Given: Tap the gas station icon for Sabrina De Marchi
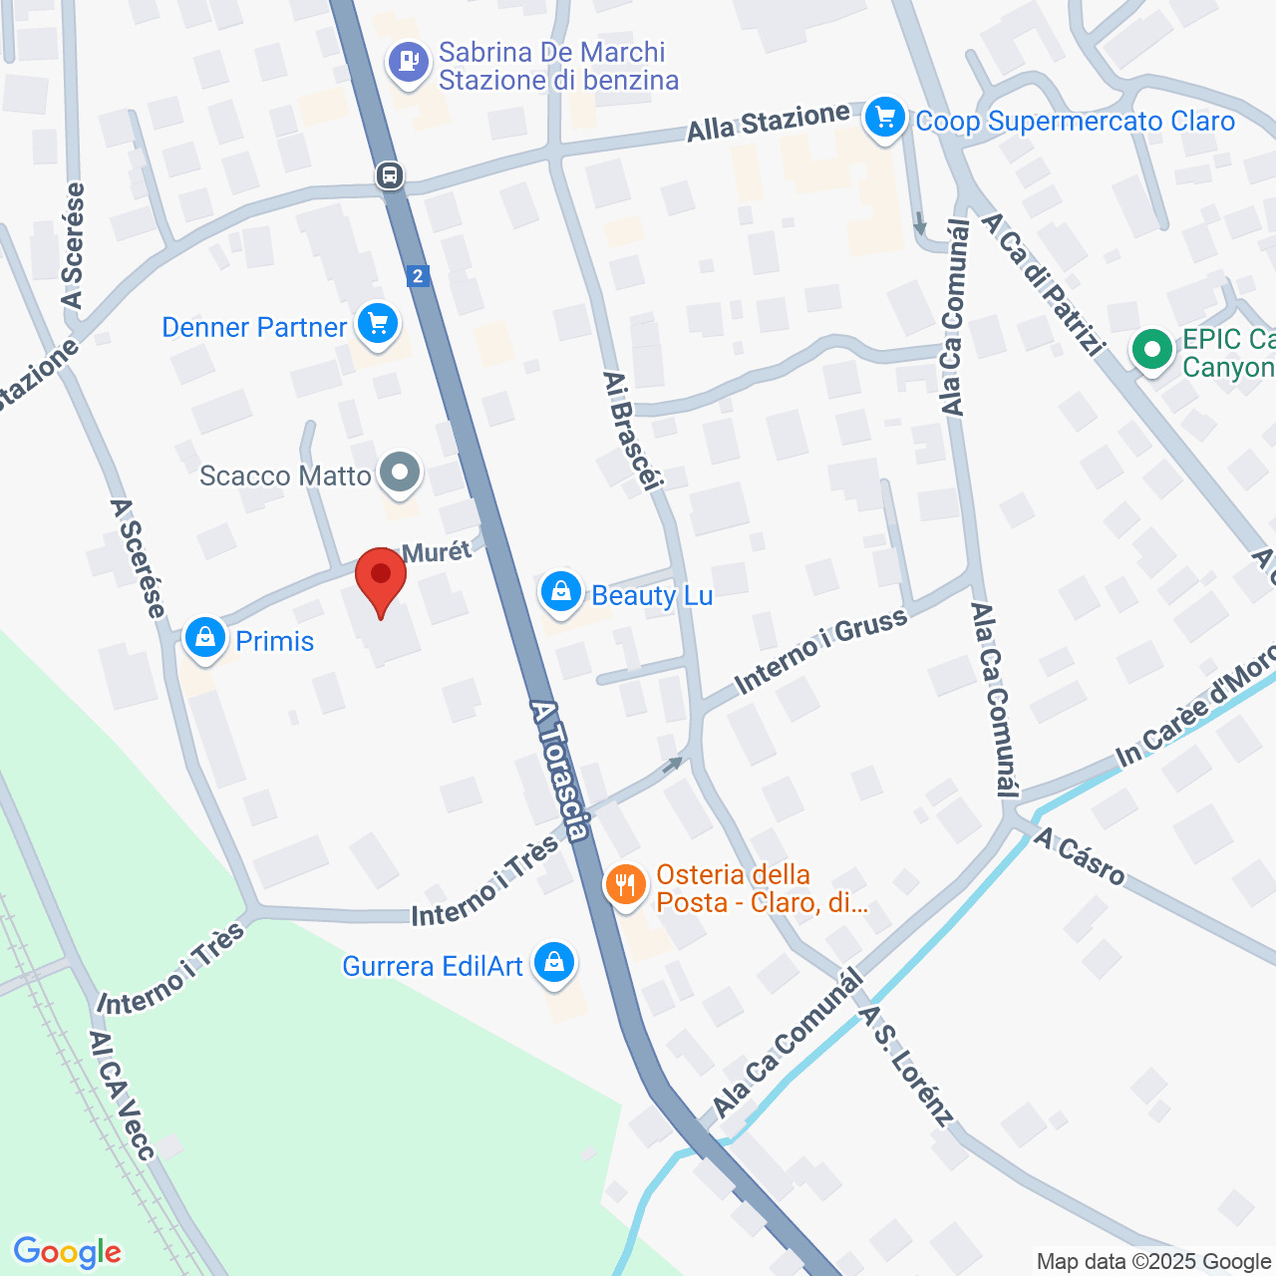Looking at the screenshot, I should (x=408, y=62).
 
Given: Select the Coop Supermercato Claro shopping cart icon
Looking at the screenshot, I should (x=884, y=119).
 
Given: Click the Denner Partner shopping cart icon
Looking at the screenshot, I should (x=378, y=324).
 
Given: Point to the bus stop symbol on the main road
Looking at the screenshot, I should (x=390, y=176).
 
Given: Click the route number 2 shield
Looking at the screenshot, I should (x=419, y=276).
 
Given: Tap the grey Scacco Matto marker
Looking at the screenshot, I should (x=401, y=474).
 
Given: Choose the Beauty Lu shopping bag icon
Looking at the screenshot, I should (x=561, y=593).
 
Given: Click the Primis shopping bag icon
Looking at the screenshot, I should (x=205, y=637).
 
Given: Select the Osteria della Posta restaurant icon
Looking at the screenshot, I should (x=626, y=884).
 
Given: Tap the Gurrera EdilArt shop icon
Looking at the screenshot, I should (x=554, y=963).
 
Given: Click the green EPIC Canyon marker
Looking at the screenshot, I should (x=1152, y=350).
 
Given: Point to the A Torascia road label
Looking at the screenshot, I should (x=560, y=768).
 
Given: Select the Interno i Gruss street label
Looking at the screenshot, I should (x=820, y=651).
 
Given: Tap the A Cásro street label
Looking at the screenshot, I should (x=1080, y=856).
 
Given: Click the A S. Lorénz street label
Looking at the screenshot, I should (x=906, y=1065).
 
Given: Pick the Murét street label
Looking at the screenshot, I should (x=436, y=552).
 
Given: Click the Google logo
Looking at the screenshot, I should (x=68, y=1252).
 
